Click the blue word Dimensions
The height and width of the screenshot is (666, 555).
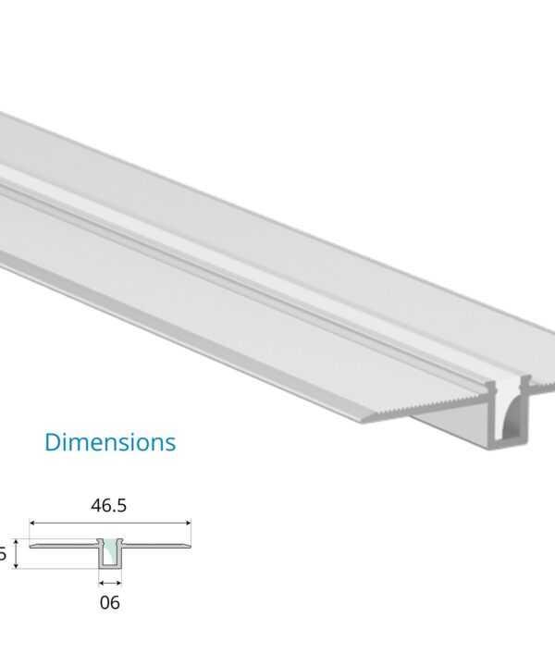tap(110, 442)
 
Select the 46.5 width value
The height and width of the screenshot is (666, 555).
tap(110, 505)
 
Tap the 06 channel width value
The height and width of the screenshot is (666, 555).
tap(109, 603)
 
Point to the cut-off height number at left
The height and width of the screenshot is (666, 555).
tap(3, 555)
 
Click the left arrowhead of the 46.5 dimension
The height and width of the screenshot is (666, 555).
tap(33, 524)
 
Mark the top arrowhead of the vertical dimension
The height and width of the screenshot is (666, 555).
tap(16, 544)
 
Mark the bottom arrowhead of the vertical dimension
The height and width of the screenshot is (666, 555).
tap(16, 566)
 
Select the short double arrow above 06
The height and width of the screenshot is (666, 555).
tap(110, 583)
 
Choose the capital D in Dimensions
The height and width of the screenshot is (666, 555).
tap(53, 442)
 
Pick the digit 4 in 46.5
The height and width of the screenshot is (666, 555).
tap(95, 505)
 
